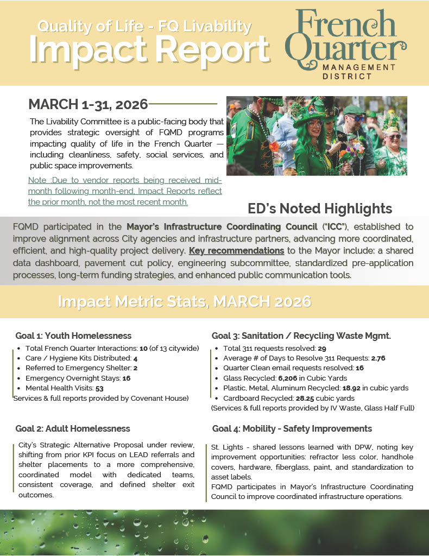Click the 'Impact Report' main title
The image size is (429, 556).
click(149, 50)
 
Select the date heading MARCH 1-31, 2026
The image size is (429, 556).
click(88, 104)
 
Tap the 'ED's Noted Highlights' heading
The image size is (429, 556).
click(319, 208)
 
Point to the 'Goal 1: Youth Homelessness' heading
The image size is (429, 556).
click(73, 336)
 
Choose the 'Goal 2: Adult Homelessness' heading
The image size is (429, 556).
click(72, 429)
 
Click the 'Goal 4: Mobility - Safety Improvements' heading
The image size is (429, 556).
click(292, 429)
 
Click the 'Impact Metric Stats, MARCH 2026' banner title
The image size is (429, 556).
click(185, 301)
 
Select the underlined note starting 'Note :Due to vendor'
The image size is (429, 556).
click(125, 192)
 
